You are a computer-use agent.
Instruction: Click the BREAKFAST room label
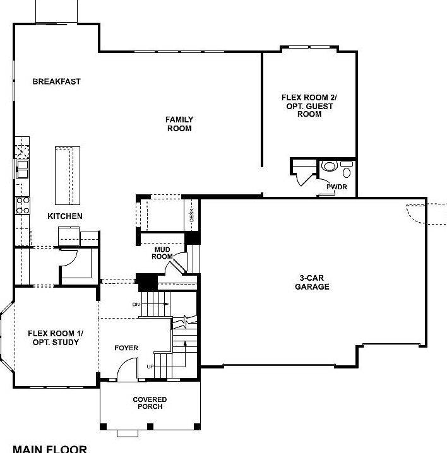click(x=56, y=81)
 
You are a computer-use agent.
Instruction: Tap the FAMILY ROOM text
click(x=179, y=124)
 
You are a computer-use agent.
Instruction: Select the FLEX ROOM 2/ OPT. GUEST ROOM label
click(x=309, y=106)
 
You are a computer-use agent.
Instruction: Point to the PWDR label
click(x=337, y=187)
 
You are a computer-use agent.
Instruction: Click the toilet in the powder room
click(x=330, y=167)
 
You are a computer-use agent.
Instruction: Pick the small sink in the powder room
click(x=346, y=172)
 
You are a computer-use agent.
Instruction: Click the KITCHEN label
click(x=64, y=216)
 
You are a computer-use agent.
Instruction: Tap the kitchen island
click(x=68, y=175)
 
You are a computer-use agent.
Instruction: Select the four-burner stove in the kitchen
click(x=22, y=204)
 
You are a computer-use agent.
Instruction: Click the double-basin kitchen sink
click(x=22, y=168)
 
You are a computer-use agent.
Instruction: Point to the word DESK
click(x=191, y=215)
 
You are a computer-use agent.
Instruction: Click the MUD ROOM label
click(x=163, y=253)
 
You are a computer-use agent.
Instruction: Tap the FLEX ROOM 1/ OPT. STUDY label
click(x=54, y=338)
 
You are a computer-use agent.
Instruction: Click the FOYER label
click(x=126, y=348)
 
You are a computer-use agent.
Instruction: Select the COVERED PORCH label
click(x=150, y=403)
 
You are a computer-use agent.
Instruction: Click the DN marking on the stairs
click(x=136, y=304)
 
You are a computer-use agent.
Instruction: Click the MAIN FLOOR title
click(x=50, y=449)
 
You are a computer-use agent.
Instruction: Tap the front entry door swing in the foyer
click(x=128, y=370)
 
